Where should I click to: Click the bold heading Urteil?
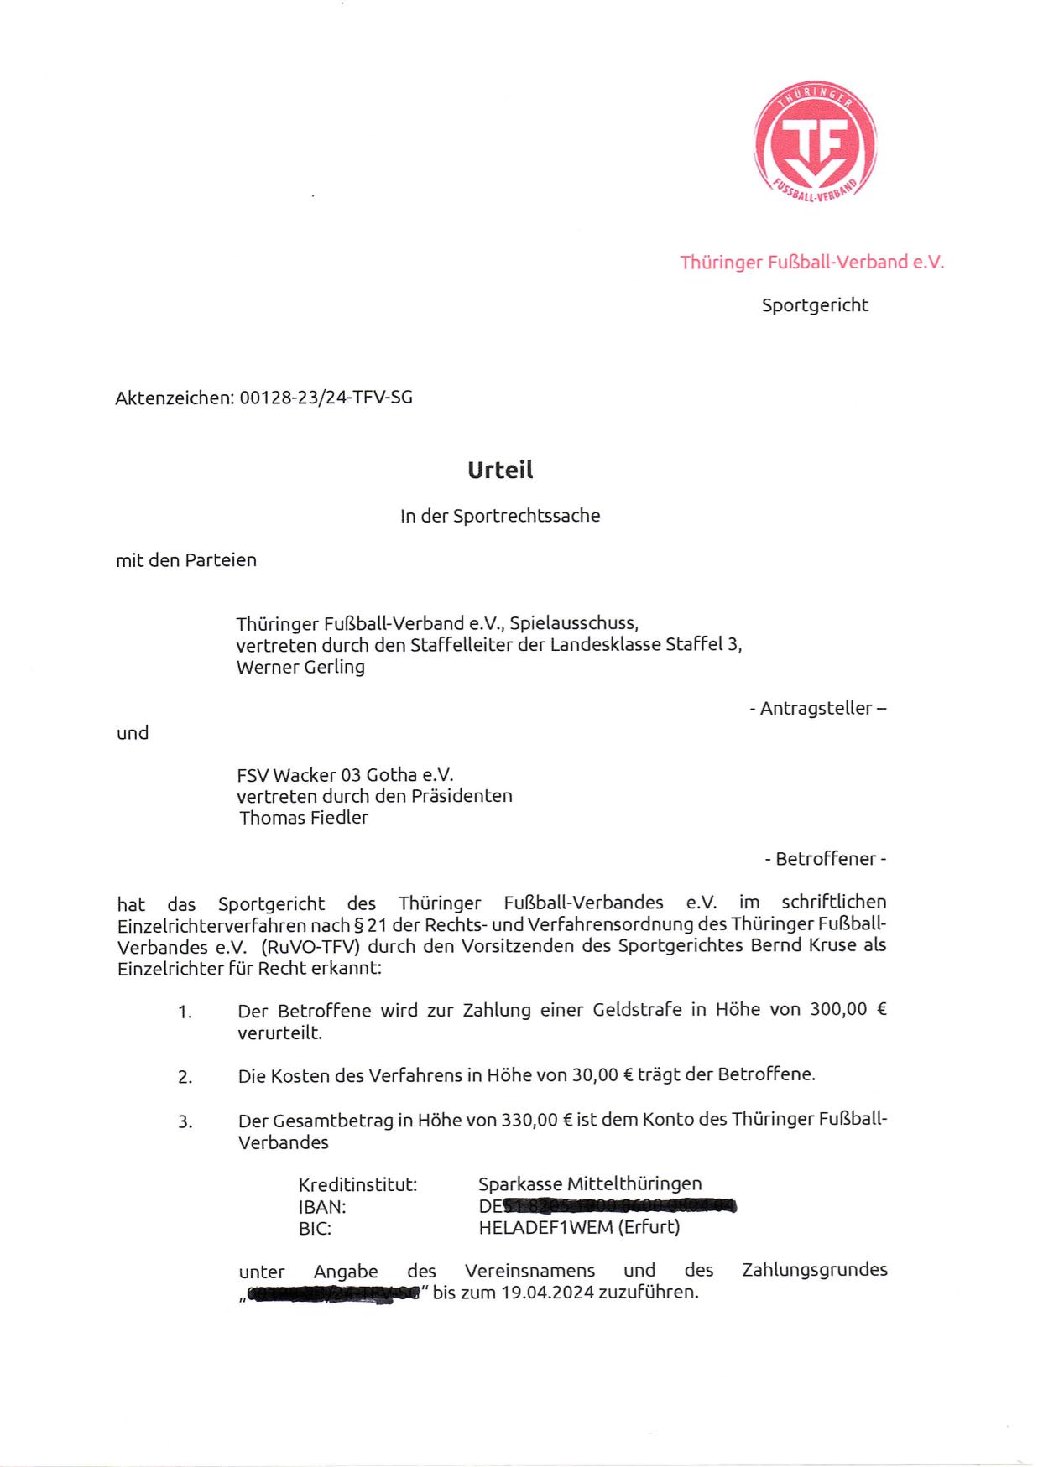(x=500, y=470)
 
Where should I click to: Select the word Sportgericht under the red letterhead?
(x=815, y=305)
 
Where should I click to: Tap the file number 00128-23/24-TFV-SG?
(x=326, y=398)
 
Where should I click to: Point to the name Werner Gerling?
(x=300, y=668)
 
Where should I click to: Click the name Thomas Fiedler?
(x=304, y=818)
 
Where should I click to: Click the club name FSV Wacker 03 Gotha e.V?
(x=345, y=775)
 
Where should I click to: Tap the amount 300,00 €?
(x=848, y=1010)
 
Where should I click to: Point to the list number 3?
(x=185, y=1121)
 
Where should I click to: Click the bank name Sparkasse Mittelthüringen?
(x=590, y=1184)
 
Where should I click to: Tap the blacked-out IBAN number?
(x=618, y=1207)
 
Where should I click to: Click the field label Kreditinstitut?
(x=357, y=1185)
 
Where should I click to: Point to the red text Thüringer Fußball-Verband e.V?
(x=811, y=263)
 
